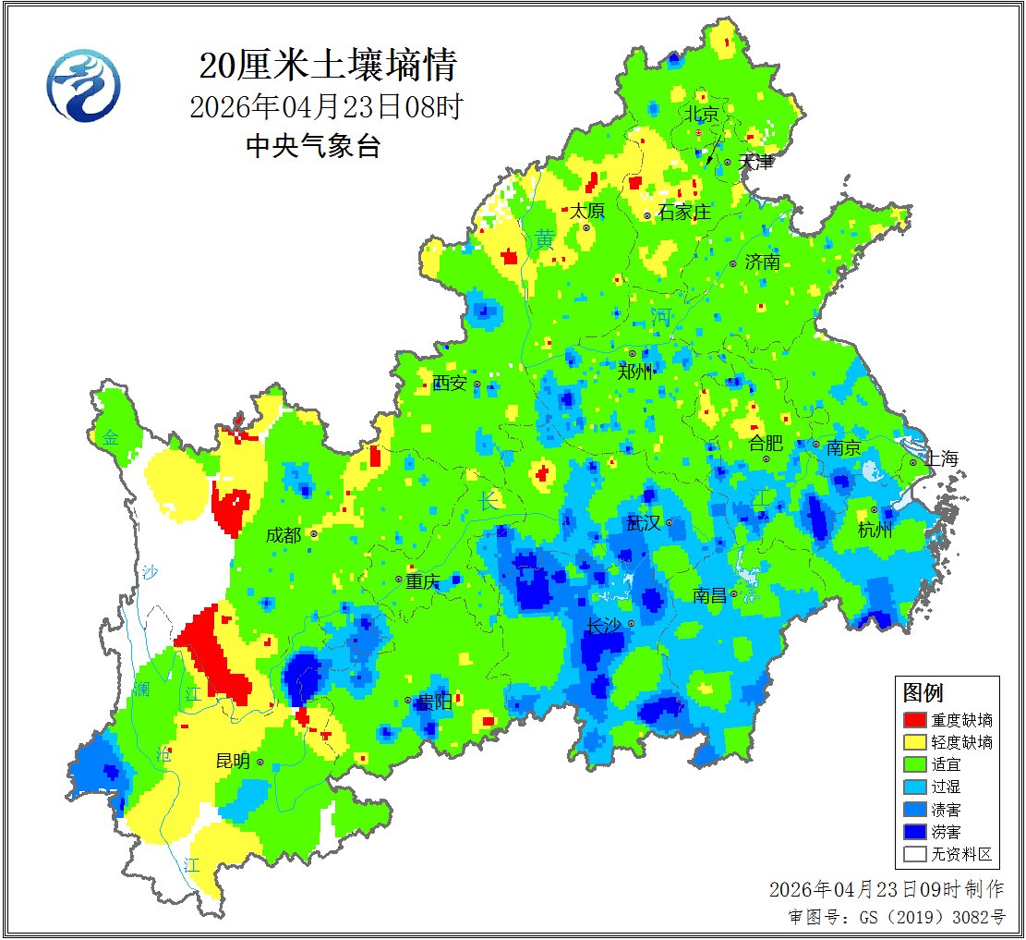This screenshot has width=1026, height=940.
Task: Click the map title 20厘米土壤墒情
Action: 328,67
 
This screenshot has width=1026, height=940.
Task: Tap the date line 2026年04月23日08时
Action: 325,107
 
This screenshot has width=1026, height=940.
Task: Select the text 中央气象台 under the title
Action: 313,146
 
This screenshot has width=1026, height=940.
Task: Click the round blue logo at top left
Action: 83,84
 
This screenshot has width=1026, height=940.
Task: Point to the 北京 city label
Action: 701,115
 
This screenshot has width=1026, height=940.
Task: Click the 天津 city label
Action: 757,162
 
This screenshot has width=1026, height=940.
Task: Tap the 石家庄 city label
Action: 684,213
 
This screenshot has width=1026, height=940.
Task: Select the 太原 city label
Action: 586,211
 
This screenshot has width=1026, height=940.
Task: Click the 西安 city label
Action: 450,383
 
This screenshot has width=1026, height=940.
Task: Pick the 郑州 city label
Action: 635,372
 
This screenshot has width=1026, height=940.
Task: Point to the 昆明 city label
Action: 233,762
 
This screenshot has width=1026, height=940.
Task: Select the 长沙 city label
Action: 603,627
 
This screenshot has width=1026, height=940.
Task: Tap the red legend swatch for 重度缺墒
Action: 914,720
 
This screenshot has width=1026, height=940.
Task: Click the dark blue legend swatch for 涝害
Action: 914,832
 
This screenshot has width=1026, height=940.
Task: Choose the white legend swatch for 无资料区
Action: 914,854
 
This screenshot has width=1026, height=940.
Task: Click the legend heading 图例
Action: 923,692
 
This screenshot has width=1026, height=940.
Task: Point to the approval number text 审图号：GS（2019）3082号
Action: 896,917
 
